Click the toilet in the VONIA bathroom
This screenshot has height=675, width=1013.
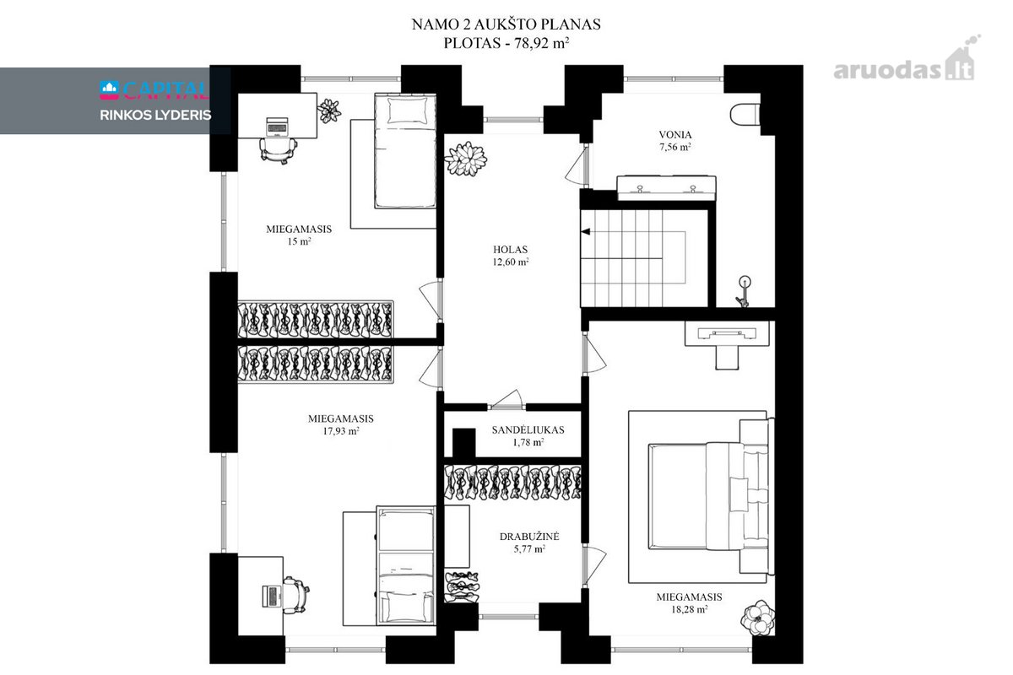(745, 115)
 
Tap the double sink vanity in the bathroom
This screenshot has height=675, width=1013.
(666, 188)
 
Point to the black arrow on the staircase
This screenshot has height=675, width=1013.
(586, 231)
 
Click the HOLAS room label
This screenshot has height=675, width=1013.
(510, 250)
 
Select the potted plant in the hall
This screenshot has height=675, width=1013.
(466, 159)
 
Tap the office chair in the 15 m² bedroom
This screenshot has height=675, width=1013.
(279, 149)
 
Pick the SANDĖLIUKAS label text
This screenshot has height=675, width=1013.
(528, 430)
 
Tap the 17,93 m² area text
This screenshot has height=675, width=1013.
(341, 431)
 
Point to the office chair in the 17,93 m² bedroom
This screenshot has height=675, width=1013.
(295, 595)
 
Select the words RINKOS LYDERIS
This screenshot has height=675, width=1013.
(155, 116)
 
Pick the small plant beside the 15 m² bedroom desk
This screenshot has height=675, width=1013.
(329, 111)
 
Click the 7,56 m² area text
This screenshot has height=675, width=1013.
(675, 147)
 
